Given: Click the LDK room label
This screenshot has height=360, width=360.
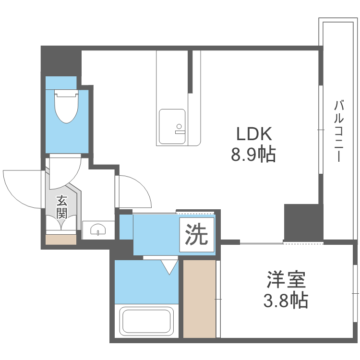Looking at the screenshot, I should [253, 133].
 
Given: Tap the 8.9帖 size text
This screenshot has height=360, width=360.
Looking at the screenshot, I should [253, 154].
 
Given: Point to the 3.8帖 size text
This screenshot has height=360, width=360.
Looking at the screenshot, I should [286, 300].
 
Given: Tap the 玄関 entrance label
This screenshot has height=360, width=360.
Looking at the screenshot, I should [61, 206].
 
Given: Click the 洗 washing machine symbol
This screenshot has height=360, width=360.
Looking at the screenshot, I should [197, 235].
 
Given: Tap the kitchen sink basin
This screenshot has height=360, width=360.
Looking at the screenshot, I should [172, 126].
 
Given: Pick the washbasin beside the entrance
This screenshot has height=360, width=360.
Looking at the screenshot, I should [98, 229].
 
